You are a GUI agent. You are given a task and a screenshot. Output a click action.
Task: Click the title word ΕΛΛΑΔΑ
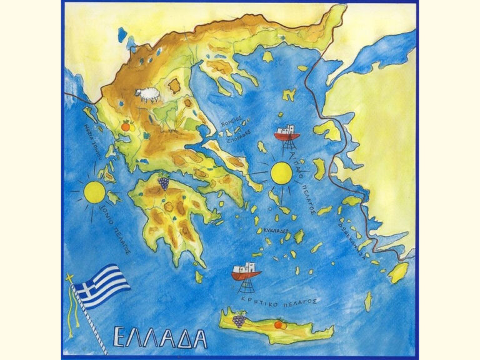160,337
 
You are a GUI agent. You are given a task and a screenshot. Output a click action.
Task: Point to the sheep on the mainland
147,95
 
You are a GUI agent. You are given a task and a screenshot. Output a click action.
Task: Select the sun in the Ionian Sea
95,191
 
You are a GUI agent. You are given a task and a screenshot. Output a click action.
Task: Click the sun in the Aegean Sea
281,172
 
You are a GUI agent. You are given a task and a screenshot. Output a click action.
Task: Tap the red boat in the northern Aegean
287,134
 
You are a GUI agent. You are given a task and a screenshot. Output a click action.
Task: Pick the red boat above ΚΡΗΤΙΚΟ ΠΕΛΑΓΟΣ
246,272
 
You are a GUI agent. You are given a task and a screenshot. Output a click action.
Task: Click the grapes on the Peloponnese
163,182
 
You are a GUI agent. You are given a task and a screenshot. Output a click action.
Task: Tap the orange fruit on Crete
279,324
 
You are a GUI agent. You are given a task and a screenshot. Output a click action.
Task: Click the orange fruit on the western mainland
125,126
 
